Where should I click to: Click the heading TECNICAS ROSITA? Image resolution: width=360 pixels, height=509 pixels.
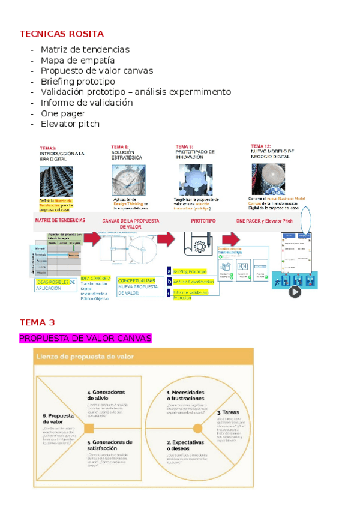(x=62, y=34)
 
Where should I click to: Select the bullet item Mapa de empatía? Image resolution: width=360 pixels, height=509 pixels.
(x=77, y=60)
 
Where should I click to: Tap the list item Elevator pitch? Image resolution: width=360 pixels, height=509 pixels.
(x=70, y=124)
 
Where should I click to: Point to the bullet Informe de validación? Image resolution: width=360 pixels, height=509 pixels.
(x=86, y=103)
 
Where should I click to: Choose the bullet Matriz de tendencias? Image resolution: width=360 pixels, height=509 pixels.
(x=85, y=49)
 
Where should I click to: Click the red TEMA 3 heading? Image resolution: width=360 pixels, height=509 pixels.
(x=37, y=322)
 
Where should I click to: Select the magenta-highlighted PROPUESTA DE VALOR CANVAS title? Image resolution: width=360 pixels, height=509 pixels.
(x=85, y=339)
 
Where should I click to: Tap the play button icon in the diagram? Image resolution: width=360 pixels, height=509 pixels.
(x=295, y=292)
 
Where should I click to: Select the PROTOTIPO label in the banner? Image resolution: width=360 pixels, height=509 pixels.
(x=203, y=221)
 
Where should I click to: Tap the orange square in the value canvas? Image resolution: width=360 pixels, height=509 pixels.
(x=89, y=428)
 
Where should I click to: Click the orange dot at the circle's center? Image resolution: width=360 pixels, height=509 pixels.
(x=197, y=428)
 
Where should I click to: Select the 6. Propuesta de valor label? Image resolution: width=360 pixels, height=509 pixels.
(x=57, y=418)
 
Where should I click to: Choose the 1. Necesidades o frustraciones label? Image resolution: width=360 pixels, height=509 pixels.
(x=185, y=396)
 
